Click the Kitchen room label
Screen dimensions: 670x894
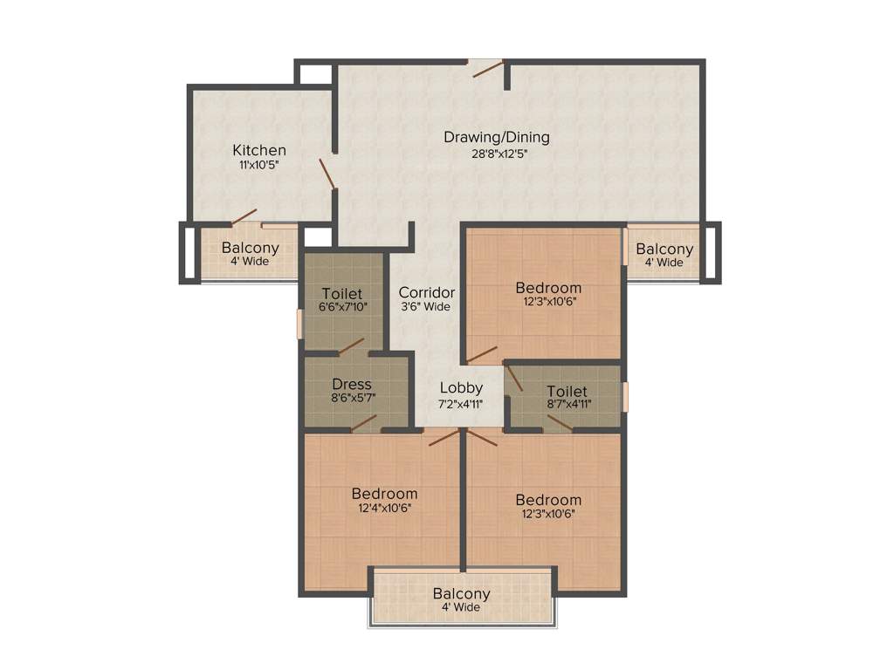[x=258, y=150]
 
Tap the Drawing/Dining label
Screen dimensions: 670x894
[x=496, y=137]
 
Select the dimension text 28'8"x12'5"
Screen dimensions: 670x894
[x=496, y=154]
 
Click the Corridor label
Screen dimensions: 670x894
[x=426, y=291]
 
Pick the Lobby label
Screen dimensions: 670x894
[x=461, y=387]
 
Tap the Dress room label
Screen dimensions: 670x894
[x=352, y=384]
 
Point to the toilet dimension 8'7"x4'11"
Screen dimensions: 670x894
[x=567, y=406]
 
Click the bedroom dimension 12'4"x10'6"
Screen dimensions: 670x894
[x=384, y=508]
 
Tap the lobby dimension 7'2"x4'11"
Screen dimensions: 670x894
[x=461, y=403]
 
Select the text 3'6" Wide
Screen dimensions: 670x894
[x=426, y=306]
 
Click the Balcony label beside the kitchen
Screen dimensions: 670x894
[x=250, y=248]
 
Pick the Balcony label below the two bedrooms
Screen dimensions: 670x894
[x=461, y=594]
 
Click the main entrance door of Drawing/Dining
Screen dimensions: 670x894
[x=488, y=68]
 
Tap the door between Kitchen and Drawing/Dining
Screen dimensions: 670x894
[x=327, y=173]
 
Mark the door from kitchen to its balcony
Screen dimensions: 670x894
[x=244, y=216]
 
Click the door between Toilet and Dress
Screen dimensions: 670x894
[x=351, y=347]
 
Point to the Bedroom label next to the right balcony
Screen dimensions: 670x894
[x=547, y=288]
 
